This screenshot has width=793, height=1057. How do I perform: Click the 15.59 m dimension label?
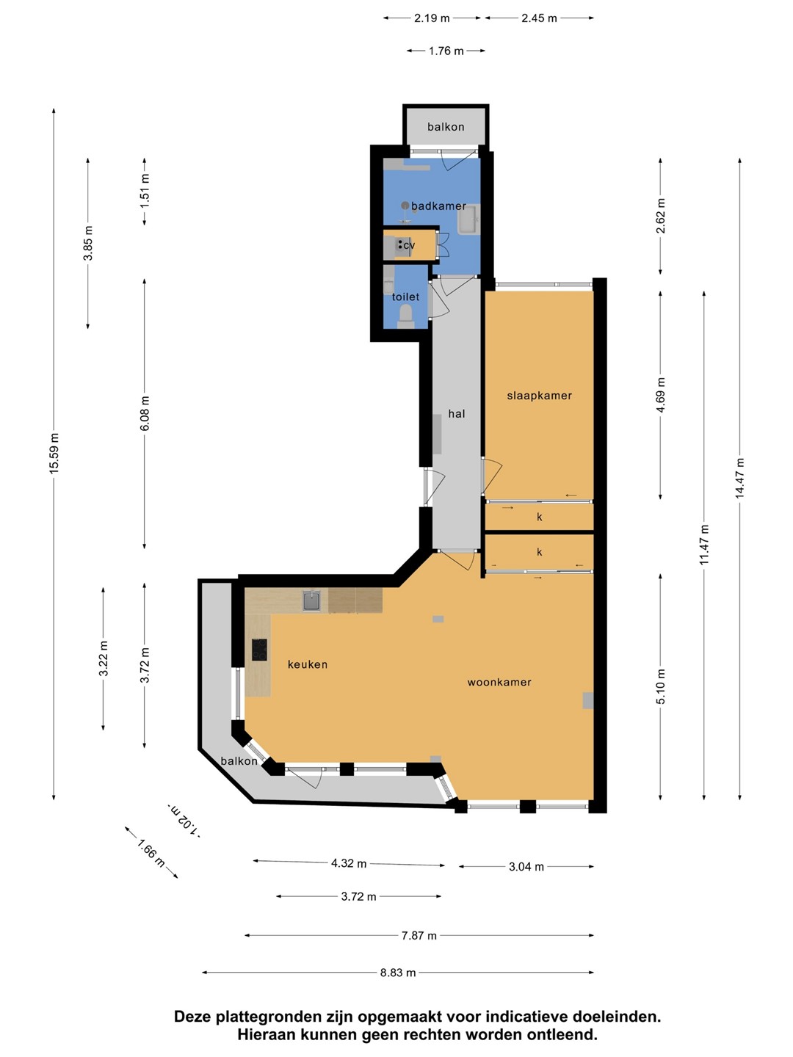coord(54,453)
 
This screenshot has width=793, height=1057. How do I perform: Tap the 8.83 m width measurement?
coord(398,973)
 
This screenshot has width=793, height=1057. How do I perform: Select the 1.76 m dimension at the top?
coord(446,51)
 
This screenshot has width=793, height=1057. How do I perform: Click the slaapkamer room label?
coord(539,396)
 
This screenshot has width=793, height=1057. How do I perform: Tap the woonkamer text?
coord(499,682)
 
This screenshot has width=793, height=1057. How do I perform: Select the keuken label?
coord(307,664)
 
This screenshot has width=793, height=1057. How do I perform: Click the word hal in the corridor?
coord(457,414)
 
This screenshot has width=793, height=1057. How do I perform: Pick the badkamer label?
coord(438,206)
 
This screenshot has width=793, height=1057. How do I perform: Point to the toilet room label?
coord(405,297)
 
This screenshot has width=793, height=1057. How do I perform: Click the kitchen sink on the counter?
coord(312,601)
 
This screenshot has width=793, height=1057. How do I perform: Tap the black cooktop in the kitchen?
coord(259,650)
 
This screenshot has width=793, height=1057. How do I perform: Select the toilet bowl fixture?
coord(406,315)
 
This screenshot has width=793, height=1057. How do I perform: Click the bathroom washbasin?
coord(468,220)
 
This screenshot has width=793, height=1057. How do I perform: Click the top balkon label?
coord(446,127)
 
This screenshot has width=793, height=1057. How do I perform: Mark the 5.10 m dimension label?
coord(660,687)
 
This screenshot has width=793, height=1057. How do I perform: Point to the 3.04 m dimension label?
coord(526,867)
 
